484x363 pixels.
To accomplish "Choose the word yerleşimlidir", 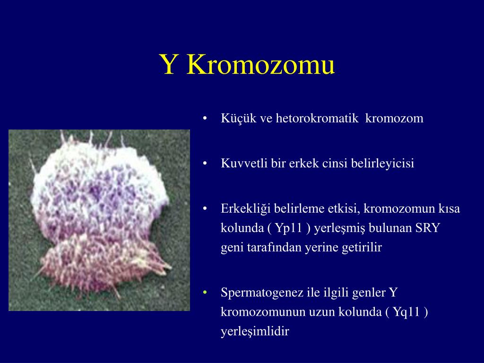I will pos(254,332).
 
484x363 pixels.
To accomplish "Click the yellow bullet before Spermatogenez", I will pos(205,293).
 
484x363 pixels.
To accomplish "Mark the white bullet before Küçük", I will pos(205,118).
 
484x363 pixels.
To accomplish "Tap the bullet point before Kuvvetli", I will pos(205,164).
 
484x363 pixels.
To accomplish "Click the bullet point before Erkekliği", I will pos(205,209).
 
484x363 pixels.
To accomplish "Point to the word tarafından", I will pos(268,248).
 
